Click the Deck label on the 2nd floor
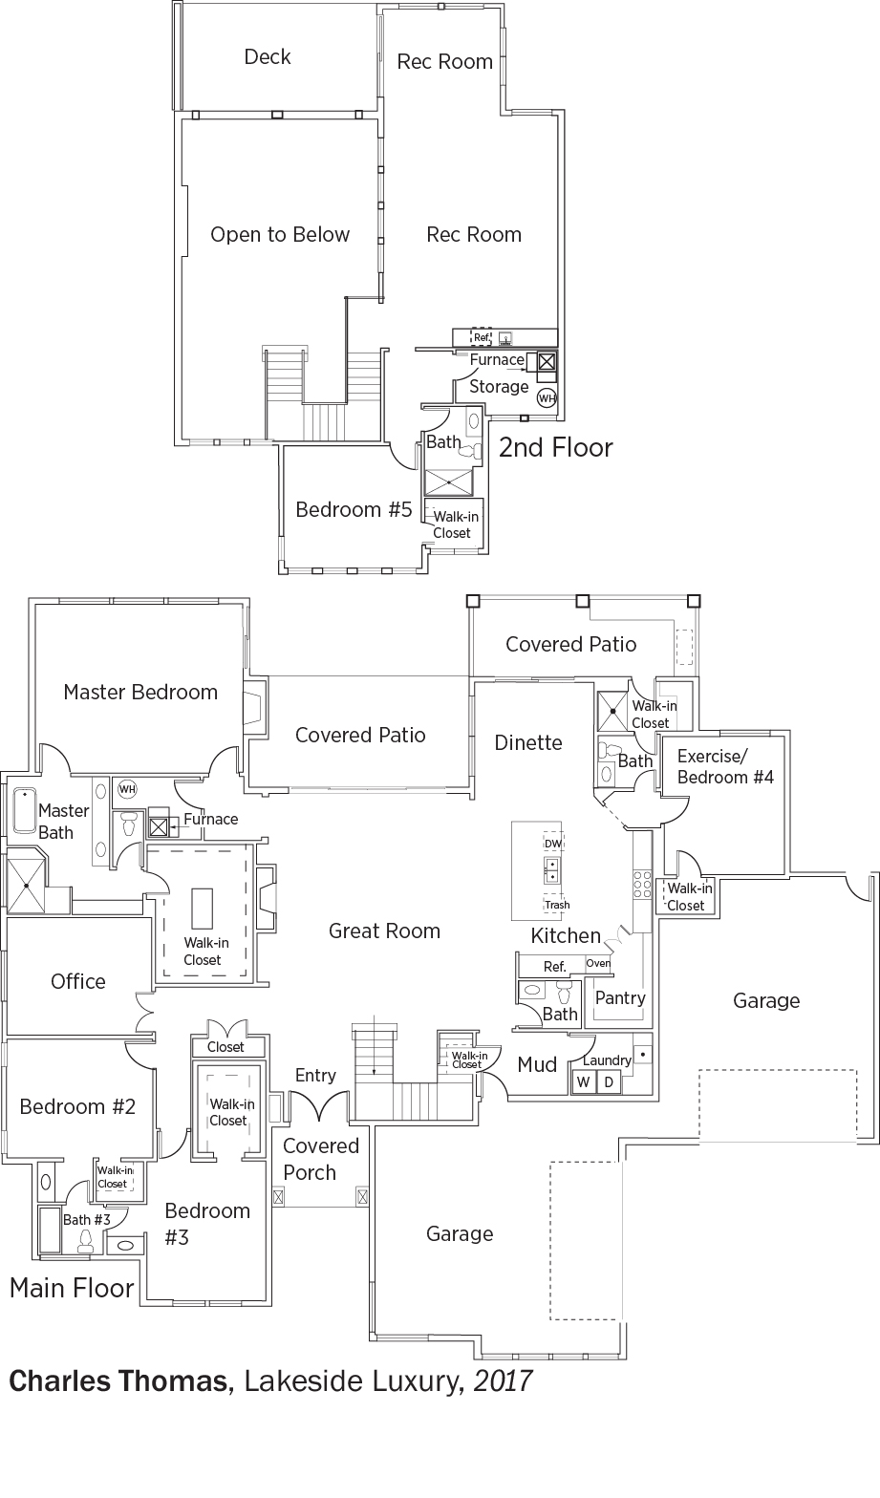click(268, 57)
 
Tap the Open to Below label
click(280, 235)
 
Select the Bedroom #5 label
click(353, 510)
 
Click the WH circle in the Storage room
click(547, 397)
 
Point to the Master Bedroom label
click(140, 692)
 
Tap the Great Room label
click(384, 931)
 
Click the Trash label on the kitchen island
click(557, 905)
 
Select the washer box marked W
click(583, 1082)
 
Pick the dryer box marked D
click(608, 1082)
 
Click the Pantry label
click(620, 997)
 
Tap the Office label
click(78, 981)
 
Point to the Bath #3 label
click(87, 1220)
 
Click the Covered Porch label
click(321, 1159)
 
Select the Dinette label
click(528, 742)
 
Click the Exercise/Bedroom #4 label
click(725, 767)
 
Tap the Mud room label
click(537, 1064)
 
